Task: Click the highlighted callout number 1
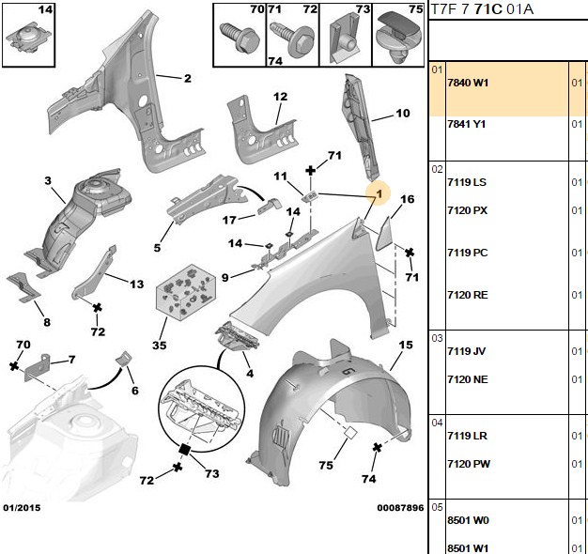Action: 379,193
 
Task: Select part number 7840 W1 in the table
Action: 468,83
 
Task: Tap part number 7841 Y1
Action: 467,124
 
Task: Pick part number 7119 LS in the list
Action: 467,182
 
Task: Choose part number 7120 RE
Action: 468,295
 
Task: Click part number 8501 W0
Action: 468,520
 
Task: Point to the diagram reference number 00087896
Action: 400,508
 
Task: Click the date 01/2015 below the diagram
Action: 22,508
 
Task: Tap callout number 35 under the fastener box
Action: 160,345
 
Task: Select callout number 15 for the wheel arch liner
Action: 406,345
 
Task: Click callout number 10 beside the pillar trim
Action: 403,113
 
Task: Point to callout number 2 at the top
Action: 188,78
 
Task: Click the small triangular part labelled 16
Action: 384,235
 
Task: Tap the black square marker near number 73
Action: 184,449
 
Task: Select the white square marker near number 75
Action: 350,433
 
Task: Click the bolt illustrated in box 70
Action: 240,37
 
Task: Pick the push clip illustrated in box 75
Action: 397,38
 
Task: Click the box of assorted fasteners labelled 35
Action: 186,292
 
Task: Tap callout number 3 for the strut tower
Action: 48,180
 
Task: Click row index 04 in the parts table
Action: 437,423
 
